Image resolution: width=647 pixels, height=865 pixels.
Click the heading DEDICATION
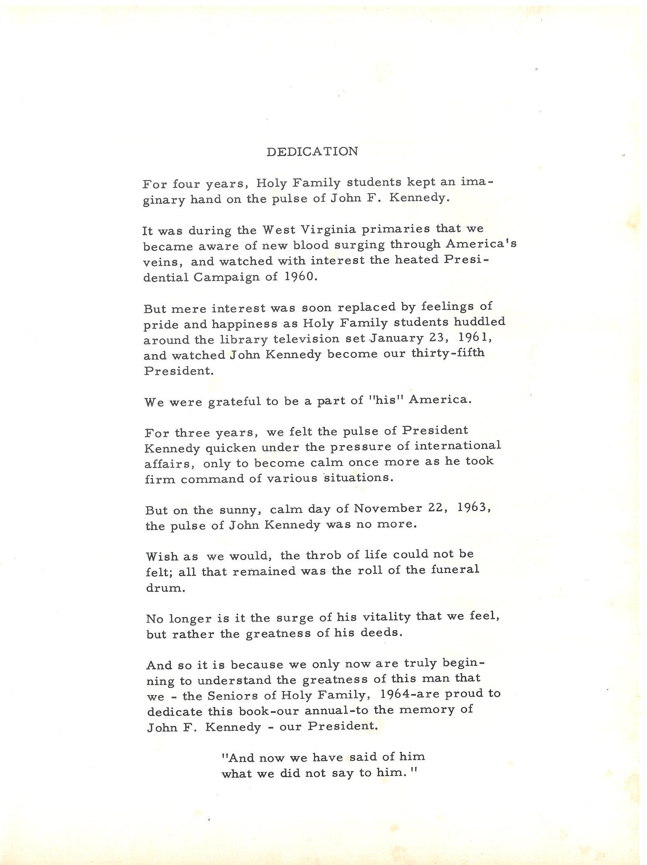coord(312,152)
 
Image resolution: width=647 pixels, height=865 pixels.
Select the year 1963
coord(473,508)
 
